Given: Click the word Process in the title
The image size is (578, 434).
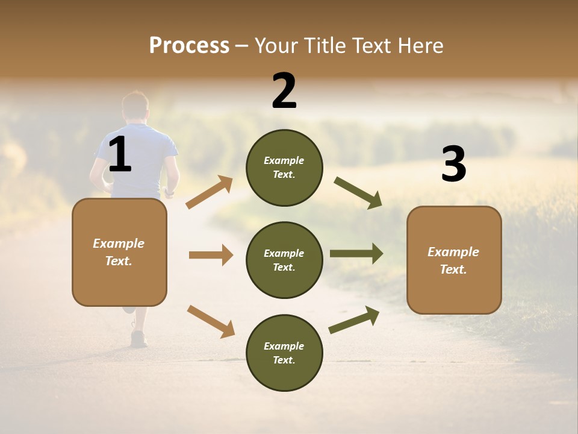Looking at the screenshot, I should pyautogui.click(x=189, y=45).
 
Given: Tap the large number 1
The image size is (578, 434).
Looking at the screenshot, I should pyautogui.click(x=120, y=155).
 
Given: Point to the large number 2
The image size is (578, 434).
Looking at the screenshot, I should pyautogui.click(x=284, y=91).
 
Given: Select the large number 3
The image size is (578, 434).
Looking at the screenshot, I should pyautogui.click(x=453, y=165).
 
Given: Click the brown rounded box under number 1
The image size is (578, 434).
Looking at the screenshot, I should pyautogui.click(x=119, y=252).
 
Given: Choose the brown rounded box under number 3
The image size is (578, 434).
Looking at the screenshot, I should pyautogui.click(x=454, y=260).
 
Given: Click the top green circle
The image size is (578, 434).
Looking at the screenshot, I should pyautogui.click(x=284, y=168).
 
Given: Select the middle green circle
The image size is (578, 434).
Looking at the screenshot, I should pyautogui.click(x=284, y=260).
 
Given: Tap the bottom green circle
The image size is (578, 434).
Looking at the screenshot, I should pyautogui.click(x=284, y=353).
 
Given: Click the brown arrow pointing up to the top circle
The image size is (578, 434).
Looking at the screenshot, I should pyautogui.click(x=210, y=192).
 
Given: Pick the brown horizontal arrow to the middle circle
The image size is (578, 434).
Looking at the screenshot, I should pyautogui.click(x=211, y=255).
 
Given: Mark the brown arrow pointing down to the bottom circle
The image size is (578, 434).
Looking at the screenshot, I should pyautogui.click(x=211, y=321).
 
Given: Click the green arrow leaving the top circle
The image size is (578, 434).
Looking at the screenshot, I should pyautogui.click(x=358, y=193).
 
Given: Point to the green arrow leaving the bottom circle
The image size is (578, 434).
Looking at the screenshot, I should pyautogui.click(x=354, y=320).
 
